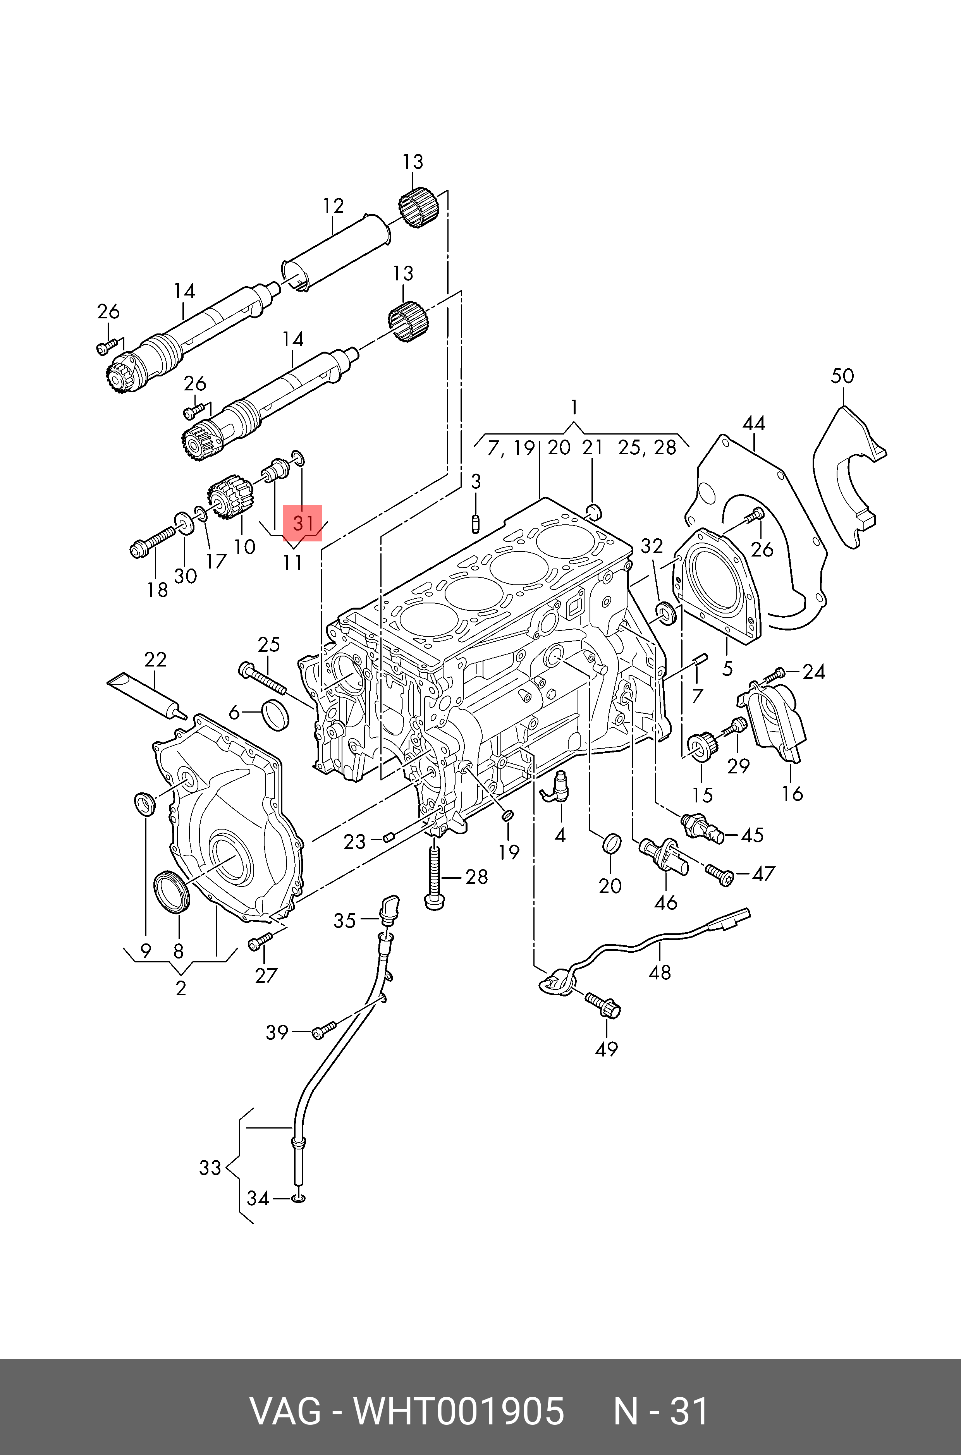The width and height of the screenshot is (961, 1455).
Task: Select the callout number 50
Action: coord(842,376)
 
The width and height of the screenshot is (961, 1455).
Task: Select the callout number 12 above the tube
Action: coord(334,206)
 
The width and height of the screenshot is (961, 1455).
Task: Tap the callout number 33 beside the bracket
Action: coord(210,1168)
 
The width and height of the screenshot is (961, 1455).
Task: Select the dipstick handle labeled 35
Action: coord(389,909)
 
